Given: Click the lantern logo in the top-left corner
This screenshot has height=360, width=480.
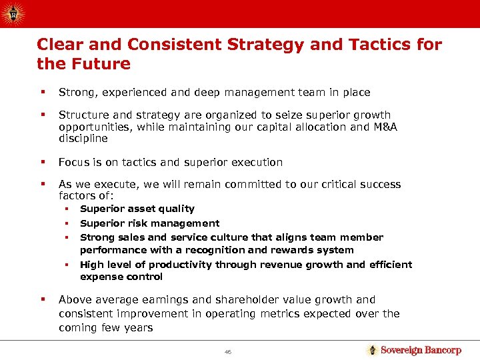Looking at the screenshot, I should click(14, 13).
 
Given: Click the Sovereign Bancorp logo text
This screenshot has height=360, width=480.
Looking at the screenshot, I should click(421, 350).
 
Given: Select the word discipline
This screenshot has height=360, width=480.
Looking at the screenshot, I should click(83, 139).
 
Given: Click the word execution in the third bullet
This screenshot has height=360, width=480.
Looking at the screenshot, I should click(256, 162).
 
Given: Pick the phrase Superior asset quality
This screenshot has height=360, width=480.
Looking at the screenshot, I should click(137, 209).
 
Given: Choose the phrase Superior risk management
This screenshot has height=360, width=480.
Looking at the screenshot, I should click(149, 223).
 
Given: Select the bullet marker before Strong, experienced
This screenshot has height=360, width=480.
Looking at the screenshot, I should click(41, 93).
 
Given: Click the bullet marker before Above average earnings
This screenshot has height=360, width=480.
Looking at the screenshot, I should click(41, 300).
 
